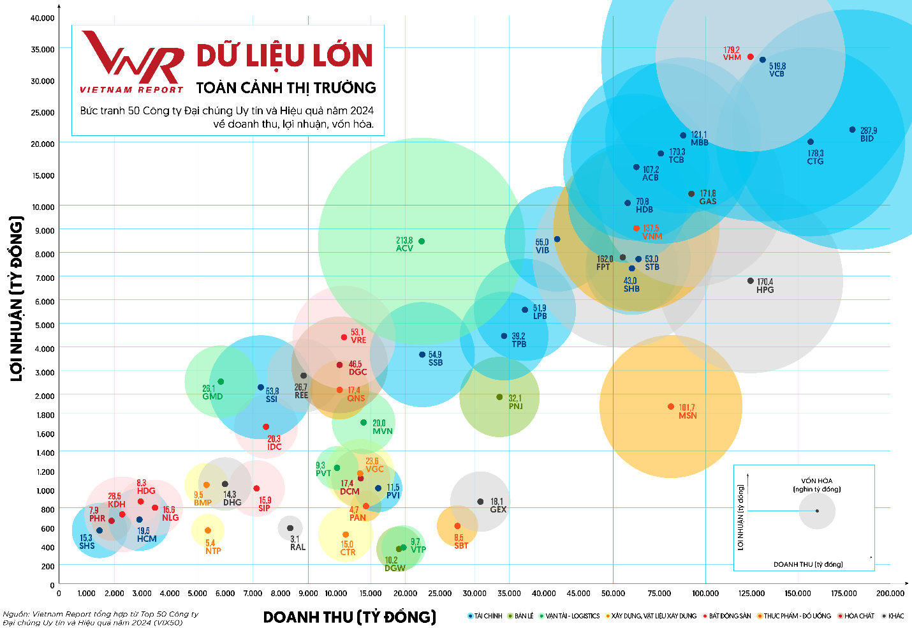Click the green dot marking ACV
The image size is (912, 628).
pos(422,241)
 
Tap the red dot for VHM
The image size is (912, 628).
pos(751,57)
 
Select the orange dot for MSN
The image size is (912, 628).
pos(671,407)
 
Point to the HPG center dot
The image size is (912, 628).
pos(751,281)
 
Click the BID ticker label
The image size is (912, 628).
pos(867,138)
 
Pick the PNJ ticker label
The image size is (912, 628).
pos(515,406)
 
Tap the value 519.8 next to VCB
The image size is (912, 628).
pos(777,66)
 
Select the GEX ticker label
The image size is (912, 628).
pos(498,509)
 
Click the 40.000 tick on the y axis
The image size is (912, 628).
pos(43,18)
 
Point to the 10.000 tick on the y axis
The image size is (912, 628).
pos(43,207)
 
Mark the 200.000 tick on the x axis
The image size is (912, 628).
pos(890,593)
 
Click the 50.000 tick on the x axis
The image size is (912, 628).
pos(614,593)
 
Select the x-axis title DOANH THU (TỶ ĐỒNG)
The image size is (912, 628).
pos(349,617)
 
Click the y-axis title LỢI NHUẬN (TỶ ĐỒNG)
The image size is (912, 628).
pos(17,299)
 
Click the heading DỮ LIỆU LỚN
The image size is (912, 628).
pos(284,56)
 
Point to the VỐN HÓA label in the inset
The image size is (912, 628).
pos(817,481)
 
